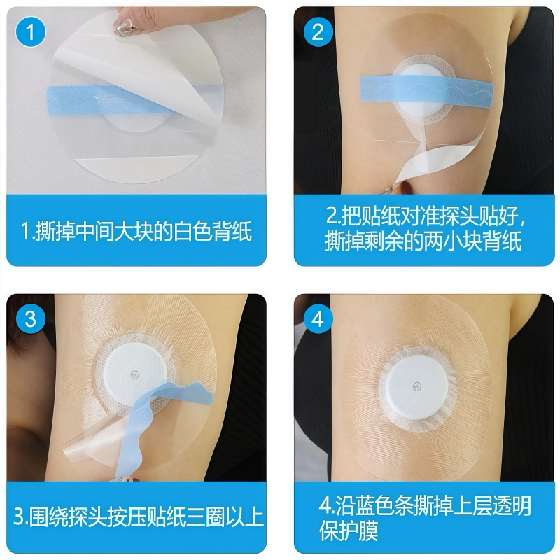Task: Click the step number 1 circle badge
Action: click(30, 32)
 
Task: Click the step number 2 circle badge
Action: click(318, 32)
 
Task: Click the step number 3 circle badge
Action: click(30, 319)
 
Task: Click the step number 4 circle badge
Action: click(318, 319)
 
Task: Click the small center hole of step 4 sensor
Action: click(417, 384)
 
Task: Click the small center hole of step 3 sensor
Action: click(134, 374)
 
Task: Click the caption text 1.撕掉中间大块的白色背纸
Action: click(136, 231)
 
